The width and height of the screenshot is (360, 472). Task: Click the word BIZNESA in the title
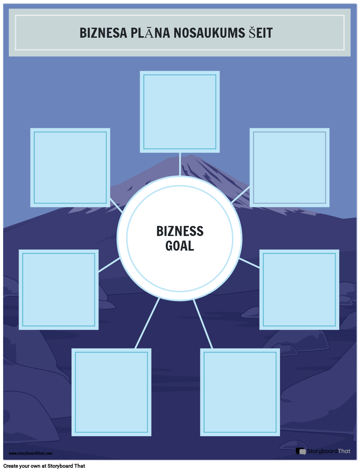click(103, 33)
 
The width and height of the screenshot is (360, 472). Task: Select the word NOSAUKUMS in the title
click(209, 33)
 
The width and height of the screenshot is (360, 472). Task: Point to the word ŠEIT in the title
click(260, 33)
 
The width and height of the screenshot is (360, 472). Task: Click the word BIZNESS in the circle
click(180, 231)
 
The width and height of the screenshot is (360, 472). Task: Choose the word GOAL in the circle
click(180, 246)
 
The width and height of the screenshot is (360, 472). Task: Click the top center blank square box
click(180, 112)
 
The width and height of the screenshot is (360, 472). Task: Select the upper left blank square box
click(70, 167)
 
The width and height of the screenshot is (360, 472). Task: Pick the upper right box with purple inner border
click(289, 167)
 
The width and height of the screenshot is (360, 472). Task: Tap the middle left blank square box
click(59, 289)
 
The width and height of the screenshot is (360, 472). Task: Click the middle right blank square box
click(299, 289)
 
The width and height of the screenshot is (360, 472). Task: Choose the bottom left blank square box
click(111, 392)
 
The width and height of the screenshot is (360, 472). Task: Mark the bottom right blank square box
click(240, 392)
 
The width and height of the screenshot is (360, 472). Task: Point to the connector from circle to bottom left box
click(147, 323)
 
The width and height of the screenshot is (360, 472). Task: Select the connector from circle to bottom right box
click(203, 324)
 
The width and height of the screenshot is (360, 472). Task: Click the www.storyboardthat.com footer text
click(30, 453)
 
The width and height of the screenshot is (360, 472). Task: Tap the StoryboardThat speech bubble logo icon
click(301, 451)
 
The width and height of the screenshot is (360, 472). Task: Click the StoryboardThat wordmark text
click(329, 451)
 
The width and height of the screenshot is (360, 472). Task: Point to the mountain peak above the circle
click(192, 157)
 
